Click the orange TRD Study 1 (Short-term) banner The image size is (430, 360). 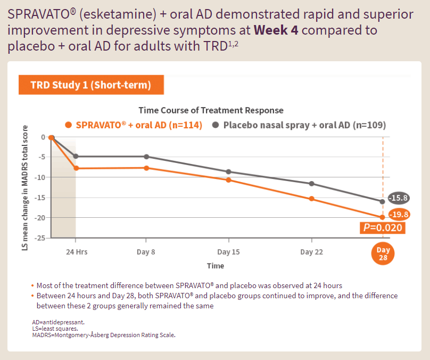[x=90, y=85]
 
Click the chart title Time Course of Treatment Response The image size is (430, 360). [x=211, y=110]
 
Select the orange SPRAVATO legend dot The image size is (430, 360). [x=68, y=125]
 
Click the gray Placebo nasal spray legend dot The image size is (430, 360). [x=216, y=125]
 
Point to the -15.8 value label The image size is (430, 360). [x=398, y=198]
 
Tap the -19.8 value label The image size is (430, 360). [x=398, y=215]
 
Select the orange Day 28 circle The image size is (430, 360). [x=383, y=253]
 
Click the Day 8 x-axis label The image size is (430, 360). [x=145, y=251]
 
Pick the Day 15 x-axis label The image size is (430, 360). [x=228, y=251]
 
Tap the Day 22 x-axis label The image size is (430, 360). [x=311, y=251]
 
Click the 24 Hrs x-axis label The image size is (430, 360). [x=77, y=251]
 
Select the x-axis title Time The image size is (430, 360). [x=216, y=265]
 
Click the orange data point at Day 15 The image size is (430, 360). [x=229, y=180]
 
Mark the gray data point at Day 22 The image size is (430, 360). [x=312, y=184]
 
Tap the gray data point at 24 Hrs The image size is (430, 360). [x=76, y=156]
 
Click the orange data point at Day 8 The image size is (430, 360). [x=146, y=168]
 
